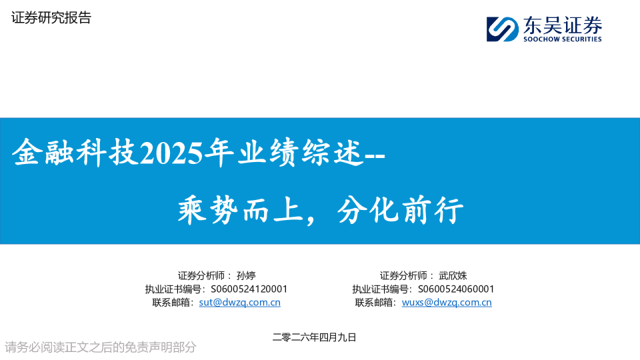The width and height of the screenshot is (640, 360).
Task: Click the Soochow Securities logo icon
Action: click(503, 29)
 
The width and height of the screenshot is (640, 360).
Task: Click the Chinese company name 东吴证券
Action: click(563, 25)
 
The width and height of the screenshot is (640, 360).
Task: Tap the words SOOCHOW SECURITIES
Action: click(563, 39)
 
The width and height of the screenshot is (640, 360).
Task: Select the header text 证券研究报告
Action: click(51, 17)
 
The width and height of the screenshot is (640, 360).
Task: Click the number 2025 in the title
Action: click(171, 154)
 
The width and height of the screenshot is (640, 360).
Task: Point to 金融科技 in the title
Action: click(75, 153)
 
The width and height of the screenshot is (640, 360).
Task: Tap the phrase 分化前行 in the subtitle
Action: click(401, 210)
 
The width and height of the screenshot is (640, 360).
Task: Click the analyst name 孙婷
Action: click(246, 275)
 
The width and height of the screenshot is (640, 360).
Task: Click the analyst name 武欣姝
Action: click(453, 275)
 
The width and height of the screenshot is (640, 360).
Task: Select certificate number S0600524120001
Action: click(249, 289)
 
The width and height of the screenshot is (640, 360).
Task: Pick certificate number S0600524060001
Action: click(456, 289)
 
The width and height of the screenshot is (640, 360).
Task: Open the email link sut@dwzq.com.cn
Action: click(239, 303)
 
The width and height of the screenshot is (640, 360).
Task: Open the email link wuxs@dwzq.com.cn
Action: click(447, 303)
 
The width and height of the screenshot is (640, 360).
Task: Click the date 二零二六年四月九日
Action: click(314, 337)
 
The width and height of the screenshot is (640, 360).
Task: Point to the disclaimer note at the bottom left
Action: click(101, 347)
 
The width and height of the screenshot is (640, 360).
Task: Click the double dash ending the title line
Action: click(375, 156)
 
